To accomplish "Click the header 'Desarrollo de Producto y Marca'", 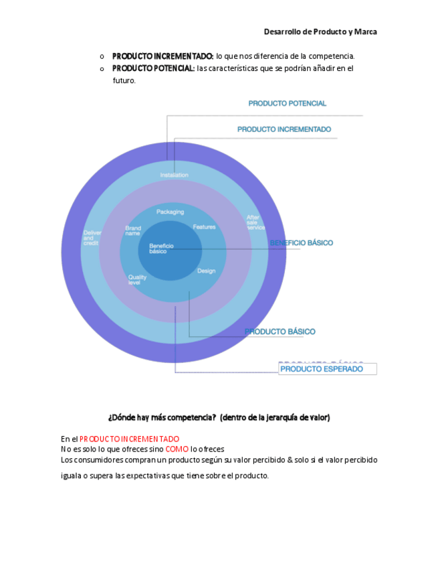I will [x=320, y=31].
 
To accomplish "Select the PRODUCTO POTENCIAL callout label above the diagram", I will [x=288, y=104].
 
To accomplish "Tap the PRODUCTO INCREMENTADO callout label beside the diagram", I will [x=284, y=129].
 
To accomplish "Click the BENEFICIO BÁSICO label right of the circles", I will [x=302, y=242].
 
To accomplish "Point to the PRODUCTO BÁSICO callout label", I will [x=280, y=332].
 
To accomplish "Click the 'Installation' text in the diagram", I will [x=174, y=175].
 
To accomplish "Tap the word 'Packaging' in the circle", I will [x=171, y=212].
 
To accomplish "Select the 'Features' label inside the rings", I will [x=204, y=227].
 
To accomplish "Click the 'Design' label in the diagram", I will [x=206, y=271].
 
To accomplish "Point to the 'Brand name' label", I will [x=133, y=231].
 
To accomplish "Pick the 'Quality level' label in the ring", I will [x=137, y=280].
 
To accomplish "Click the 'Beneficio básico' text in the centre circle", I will [x=161, y=248].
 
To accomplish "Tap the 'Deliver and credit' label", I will [x=91, y=238].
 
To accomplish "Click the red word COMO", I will [x=177, y=449].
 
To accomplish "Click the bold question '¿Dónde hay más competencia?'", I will [x=162, y=417].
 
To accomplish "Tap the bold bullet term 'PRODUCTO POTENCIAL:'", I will [x=153, y=68].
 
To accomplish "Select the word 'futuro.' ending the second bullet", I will [x=124, y=80].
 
